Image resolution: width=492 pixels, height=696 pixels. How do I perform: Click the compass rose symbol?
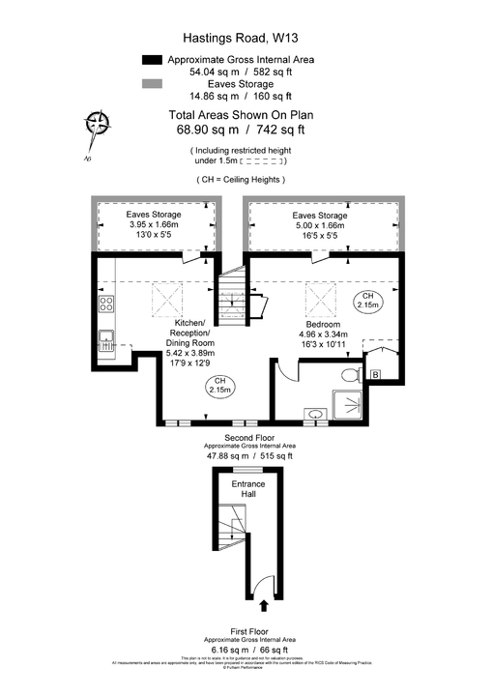(x=97, y=123)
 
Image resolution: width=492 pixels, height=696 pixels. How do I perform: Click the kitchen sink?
(x=105, y=340)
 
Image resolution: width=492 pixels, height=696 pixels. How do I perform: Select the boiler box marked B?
(x=375, y=374)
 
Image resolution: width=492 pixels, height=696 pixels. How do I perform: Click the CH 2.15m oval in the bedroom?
(x=366, y=300)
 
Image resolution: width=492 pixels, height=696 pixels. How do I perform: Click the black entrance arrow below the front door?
(x=264, y=606)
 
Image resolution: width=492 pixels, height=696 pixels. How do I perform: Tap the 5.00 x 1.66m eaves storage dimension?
(x=319, y=227)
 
